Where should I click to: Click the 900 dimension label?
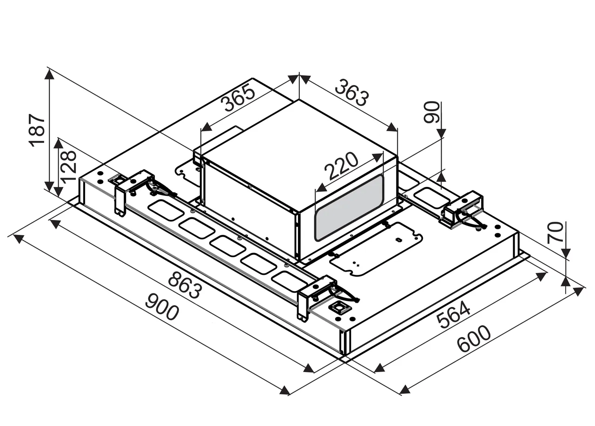click(162, 307)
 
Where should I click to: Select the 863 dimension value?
click(185, 286)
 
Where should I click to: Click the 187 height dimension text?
click(37, 130)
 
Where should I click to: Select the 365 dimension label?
click(238, 97)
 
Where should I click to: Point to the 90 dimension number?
click(431, 112)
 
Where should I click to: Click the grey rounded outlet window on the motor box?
click(349, 208)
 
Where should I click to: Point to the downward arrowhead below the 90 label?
click(441, 133)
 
